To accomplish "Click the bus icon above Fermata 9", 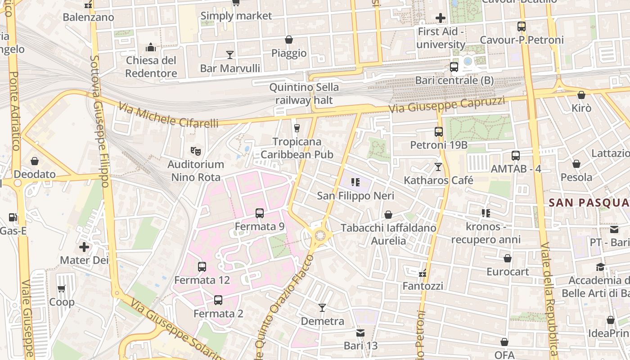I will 260,213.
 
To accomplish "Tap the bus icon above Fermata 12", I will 202,267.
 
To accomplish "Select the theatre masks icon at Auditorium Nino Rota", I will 195,151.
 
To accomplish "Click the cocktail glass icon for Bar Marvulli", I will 230,55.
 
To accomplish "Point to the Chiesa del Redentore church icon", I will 151,47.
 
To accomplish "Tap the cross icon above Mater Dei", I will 84,247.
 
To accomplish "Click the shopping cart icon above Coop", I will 62,288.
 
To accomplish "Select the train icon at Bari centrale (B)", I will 454,67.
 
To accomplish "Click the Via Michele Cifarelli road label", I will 168,115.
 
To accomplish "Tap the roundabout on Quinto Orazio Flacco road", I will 320,235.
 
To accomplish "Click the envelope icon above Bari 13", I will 360,333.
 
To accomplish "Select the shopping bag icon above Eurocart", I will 508,258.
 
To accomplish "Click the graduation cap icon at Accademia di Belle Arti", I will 600,267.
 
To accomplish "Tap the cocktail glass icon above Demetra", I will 322,308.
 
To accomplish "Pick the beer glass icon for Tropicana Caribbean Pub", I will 297,128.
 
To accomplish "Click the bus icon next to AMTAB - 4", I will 516,156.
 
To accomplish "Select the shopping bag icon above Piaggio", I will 289,40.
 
